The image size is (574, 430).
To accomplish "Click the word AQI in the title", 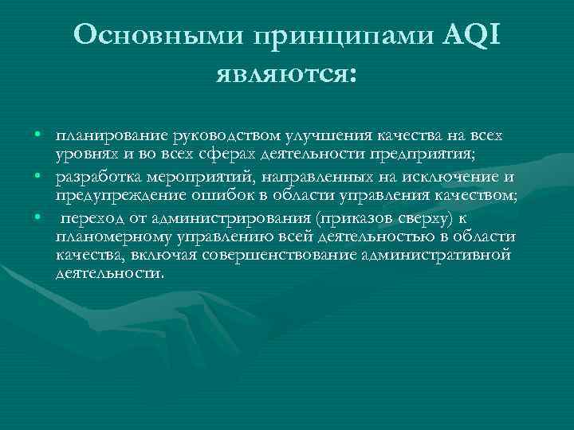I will point(472,35).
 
